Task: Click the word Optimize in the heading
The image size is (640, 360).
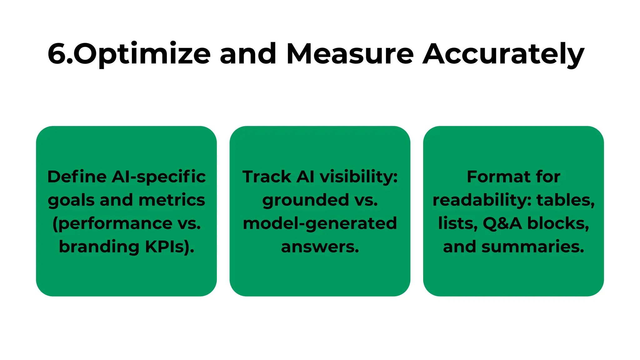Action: [142, 54]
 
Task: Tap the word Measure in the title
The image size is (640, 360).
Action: [350, 54]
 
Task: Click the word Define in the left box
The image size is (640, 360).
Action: [77, 177]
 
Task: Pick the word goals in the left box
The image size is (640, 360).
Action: [71, 200]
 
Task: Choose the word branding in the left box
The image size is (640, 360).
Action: [99, 247]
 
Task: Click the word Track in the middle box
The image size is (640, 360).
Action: [266, 177]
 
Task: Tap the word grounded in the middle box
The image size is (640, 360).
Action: [305, 200]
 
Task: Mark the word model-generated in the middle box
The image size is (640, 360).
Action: [320, 224]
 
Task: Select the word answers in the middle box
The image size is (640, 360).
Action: [320, 247]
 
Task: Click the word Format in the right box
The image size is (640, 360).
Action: [498, 177]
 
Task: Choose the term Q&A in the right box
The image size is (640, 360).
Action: [502, 224]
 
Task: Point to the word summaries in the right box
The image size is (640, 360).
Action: [532, 247]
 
